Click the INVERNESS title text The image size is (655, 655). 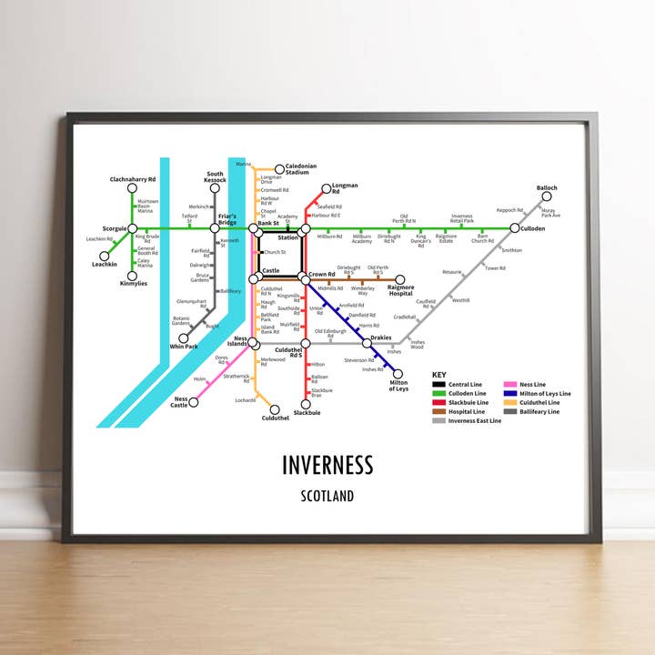327,465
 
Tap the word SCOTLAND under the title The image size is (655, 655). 327,497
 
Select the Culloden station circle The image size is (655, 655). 514,228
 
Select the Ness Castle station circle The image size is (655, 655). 194,402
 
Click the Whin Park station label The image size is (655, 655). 183,347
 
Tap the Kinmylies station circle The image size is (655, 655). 132,276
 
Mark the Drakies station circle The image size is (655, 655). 367,343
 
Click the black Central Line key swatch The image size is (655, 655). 438,385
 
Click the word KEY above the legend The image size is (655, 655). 439,375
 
